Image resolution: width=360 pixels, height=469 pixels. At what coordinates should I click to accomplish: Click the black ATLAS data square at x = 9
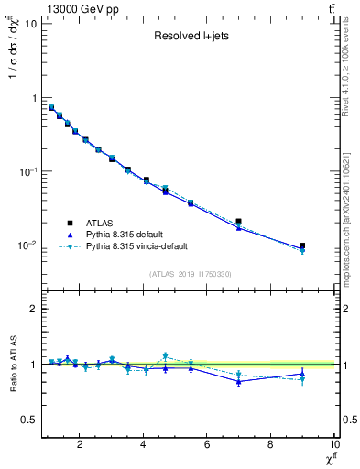tap(302, 245)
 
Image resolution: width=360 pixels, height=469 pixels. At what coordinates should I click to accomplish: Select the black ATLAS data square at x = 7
tap(239, 222)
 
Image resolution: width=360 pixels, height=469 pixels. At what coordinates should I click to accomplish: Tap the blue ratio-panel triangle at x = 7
tap(239, 381)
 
